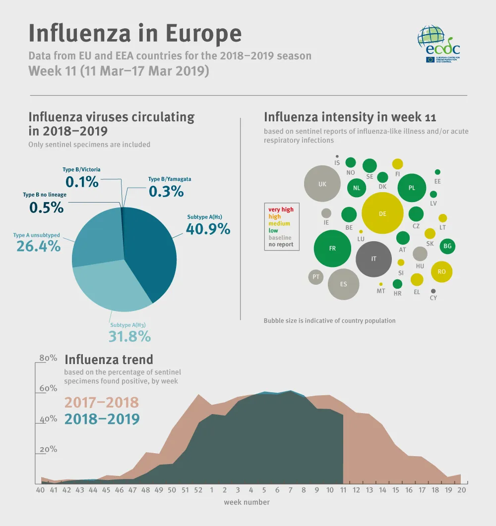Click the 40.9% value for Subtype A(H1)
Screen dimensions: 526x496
[208, 228]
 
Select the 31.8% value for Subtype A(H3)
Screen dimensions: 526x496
[129, 336]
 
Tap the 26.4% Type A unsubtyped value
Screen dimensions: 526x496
[38, 246]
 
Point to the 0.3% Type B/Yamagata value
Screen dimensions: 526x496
[166, 191]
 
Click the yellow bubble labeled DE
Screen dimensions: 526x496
[382, 214]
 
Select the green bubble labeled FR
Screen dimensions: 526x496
[332, 249]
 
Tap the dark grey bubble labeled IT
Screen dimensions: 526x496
[374, 259]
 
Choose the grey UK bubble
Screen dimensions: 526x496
[322, 184]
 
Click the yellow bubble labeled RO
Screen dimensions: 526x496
[441, 271]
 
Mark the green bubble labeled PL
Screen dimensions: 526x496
[412, 188]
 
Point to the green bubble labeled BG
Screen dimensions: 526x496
[447, 246]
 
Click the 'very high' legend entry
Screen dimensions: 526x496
[281, 210]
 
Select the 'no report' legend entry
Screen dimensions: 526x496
[281, 244]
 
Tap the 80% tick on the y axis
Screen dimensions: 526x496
[48, 358]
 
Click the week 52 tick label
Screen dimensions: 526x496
[198, 490]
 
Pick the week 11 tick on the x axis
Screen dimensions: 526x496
[343, 490]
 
